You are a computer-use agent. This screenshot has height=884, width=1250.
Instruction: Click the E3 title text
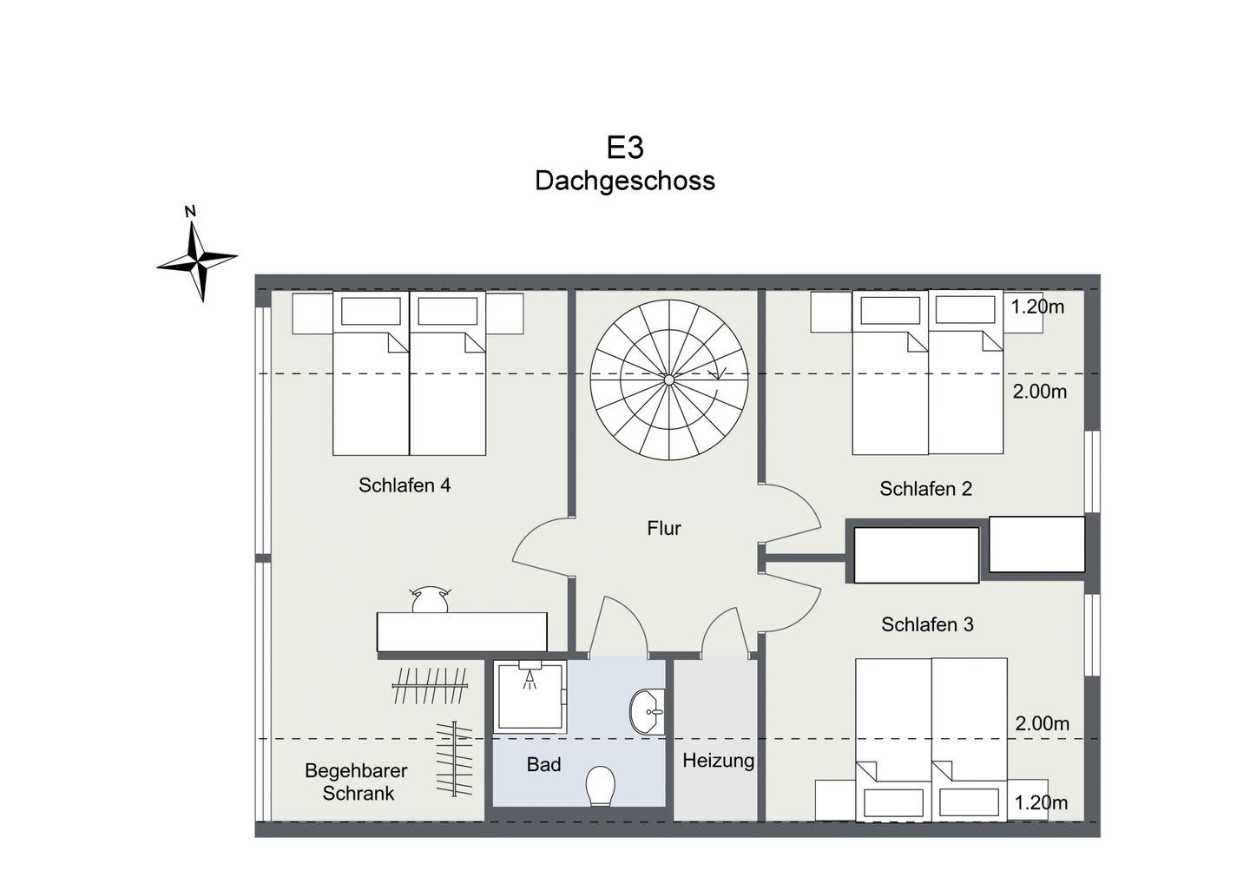coord(625,148)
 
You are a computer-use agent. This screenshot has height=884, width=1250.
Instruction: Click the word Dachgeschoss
coord(625,181)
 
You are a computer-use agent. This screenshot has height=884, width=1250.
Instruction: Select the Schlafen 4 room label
coord(405,485)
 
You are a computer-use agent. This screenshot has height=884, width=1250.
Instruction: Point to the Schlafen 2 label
coord(925,488)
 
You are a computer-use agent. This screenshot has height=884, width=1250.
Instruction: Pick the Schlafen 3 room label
coord(927,624)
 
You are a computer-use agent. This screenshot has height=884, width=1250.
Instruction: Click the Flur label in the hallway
coord(664,528)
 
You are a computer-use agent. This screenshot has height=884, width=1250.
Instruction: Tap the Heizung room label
coord(718,761)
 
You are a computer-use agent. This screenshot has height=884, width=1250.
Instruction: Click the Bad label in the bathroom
coord(543,764)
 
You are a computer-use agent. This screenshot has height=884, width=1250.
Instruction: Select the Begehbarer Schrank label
coord(357,782)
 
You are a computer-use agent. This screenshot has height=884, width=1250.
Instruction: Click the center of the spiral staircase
coord(669,379)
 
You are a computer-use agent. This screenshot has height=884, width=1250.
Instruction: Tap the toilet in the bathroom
coord(601,786)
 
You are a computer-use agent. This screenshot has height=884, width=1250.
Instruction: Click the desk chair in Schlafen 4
coord(430,599)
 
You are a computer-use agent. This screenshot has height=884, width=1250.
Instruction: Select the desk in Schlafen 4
coord(462,632)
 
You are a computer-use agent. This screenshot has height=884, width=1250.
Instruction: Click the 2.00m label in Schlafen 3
coord(1043,723)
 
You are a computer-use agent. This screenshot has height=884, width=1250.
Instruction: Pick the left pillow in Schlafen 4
coord(372,311)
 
